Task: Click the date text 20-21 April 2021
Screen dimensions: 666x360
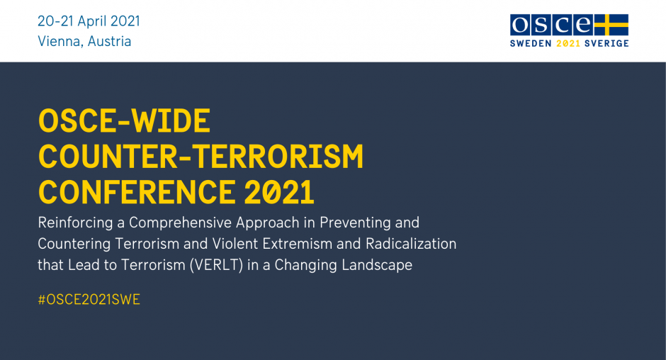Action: pos(89,21)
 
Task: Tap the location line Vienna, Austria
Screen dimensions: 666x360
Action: pos(84,41)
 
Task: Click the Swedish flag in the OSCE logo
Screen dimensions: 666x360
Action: pos(611,25)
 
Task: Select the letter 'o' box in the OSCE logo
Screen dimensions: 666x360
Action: pos(520,25)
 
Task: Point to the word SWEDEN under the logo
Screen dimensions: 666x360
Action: pos(531,43)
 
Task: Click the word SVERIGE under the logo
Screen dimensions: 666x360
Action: pos(606,43)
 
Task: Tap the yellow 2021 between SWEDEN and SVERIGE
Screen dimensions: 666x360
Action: pos(568,43)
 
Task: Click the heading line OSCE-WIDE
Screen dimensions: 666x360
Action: pos(125,120)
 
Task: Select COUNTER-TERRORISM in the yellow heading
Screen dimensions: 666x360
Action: pos(201,157)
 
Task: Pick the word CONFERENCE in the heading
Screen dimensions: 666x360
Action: pos(137,192)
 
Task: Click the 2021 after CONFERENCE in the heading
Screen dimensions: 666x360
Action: pos(279,192)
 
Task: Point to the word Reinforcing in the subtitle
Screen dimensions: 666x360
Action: pos(75,223)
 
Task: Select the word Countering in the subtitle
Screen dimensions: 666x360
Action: pos(74,244)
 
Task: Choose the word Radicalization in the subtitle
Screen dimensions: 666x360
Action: pos(411,244)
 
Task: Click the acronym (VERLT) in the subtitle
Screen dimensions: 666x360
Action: pos(216,265)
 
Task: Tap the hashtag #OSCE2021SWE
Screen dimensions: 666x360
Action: pos(89,300)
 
